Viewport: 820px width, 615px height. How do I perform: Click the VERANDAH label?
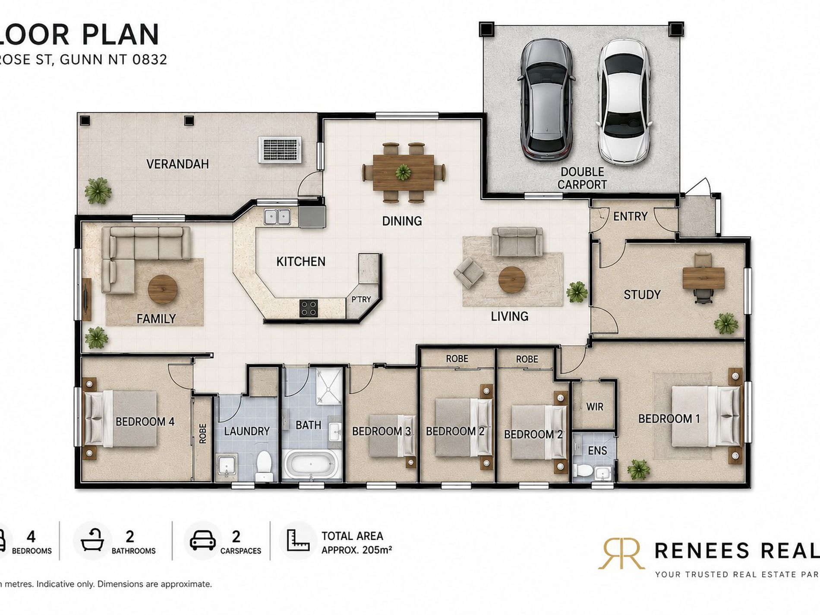(177, 164)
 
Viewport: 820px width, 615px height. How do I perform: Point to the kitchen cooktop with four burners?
(309, 308)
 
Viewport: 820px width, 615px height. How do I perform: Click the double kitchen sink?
(277, 216)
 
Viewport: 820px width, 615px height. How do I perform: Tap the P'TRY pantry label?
(361, 299)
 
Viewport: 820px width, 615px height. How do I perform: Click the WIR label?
(594, 407)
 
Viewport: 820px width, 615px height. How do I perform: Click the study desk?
(703, 278)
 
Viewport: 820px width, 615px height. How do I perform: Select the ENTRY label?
(630, 216)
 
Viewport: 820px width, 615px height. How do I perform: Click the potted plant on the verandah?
(98, 190)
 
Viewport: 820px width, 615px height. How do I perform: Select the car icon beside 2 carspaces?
(202, 540)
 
